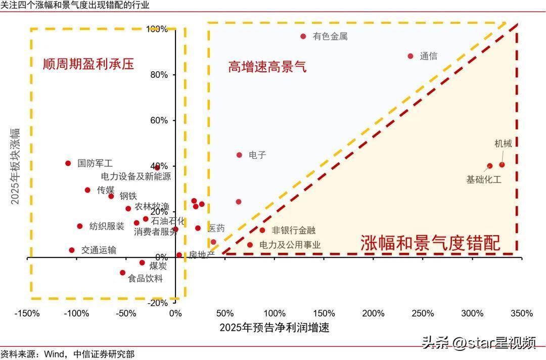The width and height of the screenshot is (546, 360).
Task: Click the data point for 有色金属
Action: coord(303,36)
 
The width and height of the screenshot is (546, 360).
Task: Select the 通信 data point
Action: coord(411,56)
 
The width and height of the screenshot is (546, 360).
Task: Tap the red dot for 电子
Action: coord(240,155)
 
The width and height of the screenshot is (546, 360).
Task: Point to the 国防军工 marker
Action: coord(68,163)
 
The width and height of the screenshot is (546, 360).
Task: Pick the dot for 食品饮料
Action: coord(122,273)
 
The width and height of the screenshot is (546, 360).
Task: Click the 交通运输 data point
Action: coord(72,250)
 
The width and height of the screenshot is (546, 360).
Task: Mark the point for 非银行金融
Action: coord(262,231)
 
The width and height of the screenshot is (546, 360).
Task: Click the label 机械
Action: coord(503,144)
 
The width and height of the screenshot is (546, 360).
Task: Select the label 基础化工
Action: coord(484,179)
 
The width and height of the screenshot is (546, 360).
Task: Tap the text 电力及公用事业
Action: coord(290,245)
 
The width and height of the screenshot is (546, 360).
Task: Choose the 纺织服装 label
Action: coord(107,227)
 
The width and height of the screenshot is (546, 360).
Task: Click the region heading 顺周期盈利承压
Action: coord(88,64)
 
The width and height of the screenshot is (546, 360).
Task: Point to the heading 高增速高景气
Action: coord(267,67)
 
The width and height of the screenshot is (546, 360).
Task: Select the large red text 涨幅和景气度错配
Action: coord(430,244)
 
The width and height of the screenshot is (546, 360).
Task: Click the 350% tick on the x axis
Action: coord(522,313)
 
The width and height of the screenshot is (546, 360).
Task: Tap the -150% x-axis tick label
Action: coord(27,313)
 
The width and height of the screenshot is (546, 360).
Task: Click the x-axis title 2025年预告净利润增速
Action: coord(275,328)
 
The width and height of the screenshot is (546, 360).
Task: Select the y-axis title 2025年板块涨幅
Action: coord(16,166)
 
